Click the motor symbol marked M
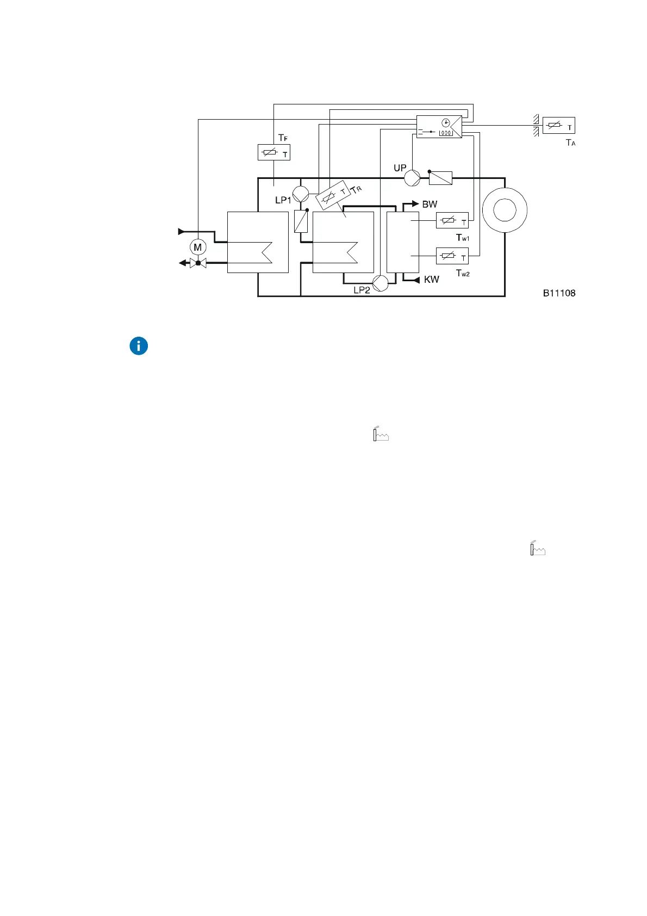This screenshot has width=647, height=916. click(x=198, y=247)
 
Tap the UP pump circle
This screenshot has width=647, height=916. click(x=413, y=177)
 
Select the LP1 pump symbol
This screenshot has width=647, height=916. click(x=301, y=194)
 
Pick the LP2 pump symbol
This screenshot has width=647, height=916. click(x=381, y=283)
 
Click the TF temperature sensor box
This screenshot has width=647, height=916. click(x=273, y=152)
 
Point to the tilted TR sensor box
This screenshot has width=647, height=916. click(x=333, y=195)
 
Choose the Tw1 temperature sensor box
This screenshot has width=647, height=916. click(x=452, y=220)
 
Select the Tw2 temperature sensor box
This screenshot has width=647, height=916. click(x=452, y=256)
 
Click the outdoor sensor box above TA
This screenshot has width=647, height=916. click(x=558, y=126)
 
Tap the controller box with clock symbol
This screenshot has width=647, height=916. click(x=439, y=126)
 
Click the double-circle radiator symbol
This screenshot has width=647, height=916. click(x=505, y=210)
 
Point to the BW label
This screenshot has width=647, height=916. click(x=430, y=205)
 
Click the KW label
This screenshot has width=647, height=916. click(x=431, y=280)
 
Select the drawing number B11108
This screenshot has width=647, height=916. click(x=559, y=293)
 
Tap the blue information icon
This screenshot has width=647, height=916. click(x=139, y=346)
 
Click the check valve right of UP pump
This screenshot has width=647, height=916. click(x=440, y=177)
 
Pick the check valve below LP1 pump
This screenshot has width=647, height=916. click(x=301, y=221)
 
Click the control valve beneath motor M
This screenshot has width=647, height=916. click(x=198, y=263)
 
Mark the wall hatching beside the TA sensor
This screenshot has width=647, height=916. click(x=536, y=125)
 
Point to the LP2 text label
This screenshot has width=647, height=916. click(x=362, y=290)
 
